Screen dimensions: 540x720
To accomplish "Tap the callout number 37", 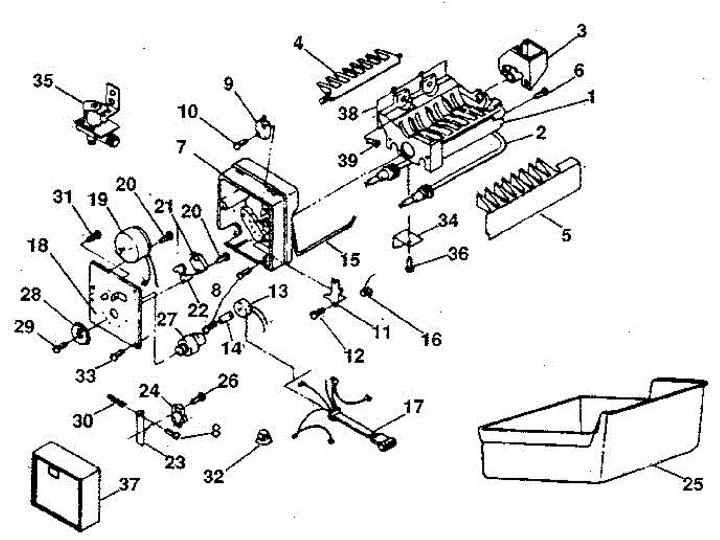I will point(127,485).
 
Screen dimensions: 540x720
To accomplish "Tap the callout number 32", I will point(214,476).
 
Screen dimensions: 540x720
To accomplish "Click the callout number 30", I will point(83,421).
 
